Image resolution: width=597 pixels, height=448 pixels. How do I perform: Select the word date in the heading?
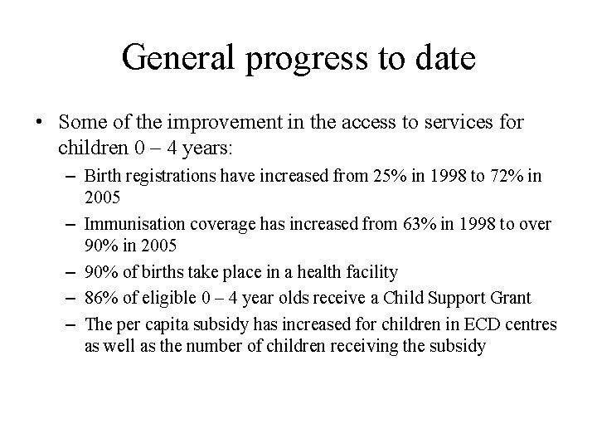point(446,57)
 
